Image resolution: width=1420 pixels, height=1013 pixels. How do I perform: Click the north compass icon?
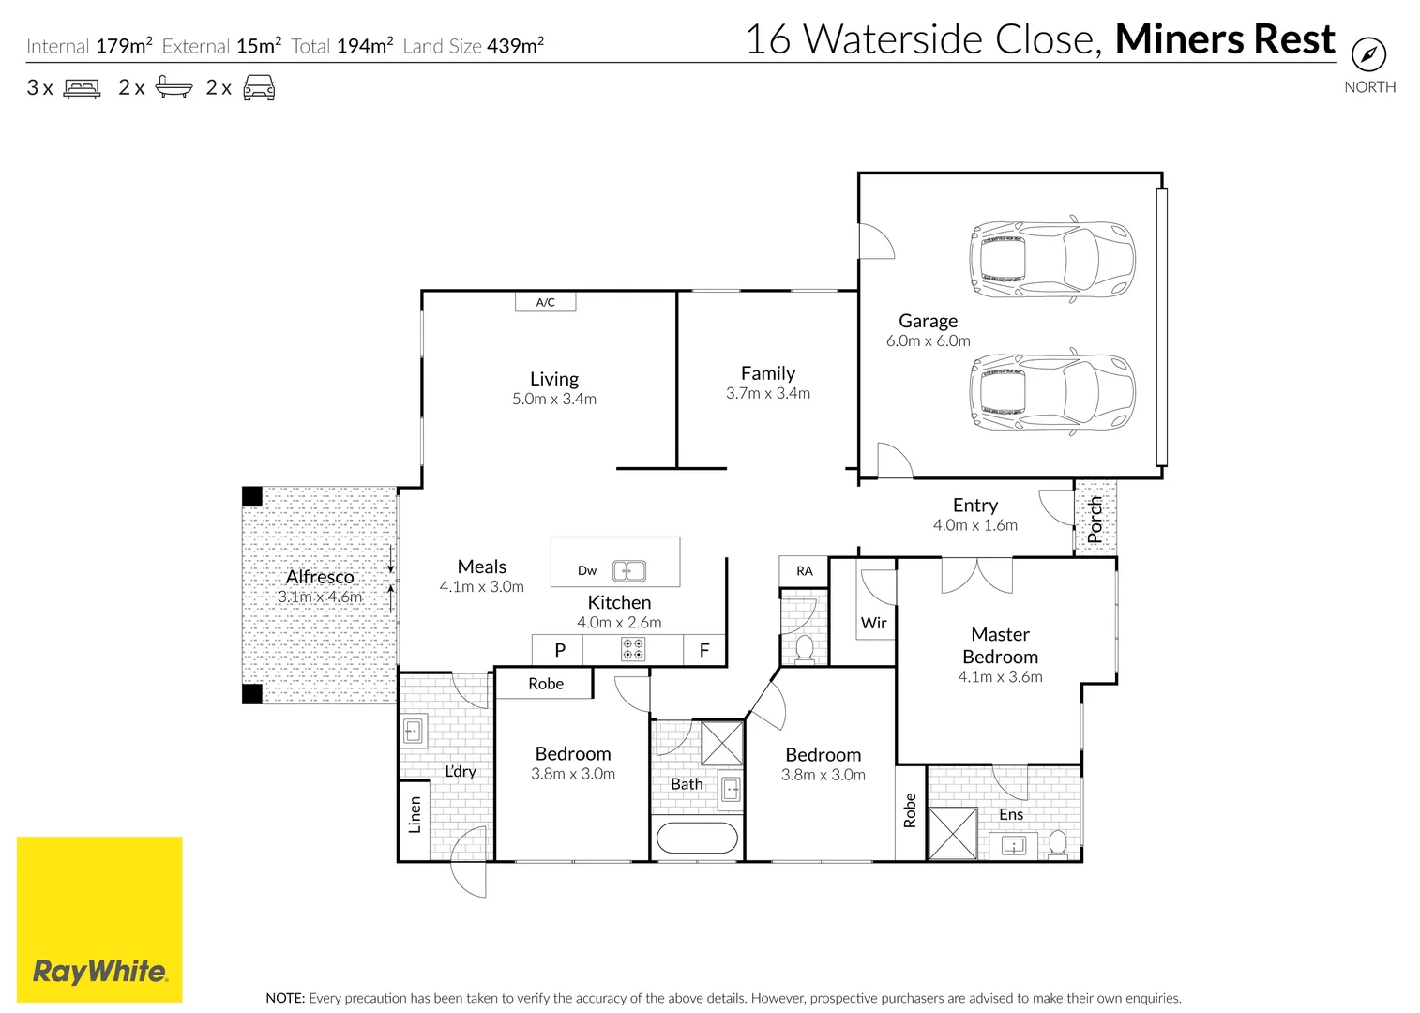pyautogui.click(x=1368, y=54)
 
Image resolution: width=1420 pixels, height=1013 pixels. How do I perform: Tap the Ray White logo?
pyautogui.click(x=99, y=919)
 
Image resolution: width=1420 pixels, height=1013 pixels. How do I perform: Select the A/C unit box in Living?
pyautogui.click(x=545, y=302)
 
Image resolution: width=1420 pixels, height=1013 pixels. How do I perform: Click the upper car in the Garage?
pyautogui.click(x=1051, y=260)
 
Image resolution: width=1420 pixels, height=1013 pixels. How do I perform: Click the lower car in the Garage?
pyautogui.click(x=1051, y=393)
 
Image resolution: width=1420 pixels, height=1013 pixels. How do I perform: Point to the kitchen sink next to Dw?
pyautogui.click(x=628, y=570)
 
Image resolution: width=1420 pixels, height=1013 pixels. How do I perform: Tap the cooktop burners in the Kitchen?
pyautogui.click(x=633, y=649)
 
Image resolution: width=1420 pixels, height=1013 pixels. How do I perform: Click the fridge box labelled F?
pyautogui.click(x=704, y=650)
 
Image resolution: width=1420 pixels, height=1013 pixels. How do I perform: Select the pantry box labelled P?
pyautogui.click(x=560, y=650)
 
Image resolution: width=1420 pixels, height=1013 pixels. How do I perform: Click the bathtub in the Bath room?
pyautogui.click(x=697, y=838)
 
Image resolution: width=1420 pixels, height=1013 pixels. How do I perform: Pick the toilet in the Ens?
pyautogui.click(x=1057, y=842)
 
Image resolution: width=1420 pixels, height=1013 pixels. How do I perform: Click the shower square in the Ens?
pyautogui.click(x=953, y=833)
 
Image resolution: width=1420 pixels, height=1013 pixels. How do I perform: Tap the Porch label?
pyautogui.click(x=1095, y=519)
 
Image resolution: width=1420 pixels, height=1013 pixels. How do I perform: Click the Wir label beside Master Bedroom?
pyautogui.click(x=873, y=623)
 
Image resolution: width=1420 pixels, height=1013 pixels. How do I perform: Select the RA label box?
pyautogui.click(x=804, y=571)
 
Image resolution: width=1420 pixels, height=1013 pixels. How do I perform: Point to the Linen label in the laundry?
pyautogui.click(x=415, y=814)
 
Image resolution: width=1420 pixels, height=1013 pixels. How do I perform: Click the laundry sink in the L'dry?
pyautogui.click(x=413, y=730)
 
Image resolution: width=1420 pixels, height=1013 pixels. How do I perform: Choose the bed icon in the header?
pyautogui.click(x=82, y=88)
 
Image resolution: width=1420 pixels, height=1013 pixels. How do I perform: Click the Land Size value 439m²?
pyautogui.click(x=515, y=45)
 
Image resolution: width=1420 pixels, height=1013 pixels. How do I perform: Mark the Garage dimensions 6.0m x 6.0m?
pyautogui.click(x=928, y=341)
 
